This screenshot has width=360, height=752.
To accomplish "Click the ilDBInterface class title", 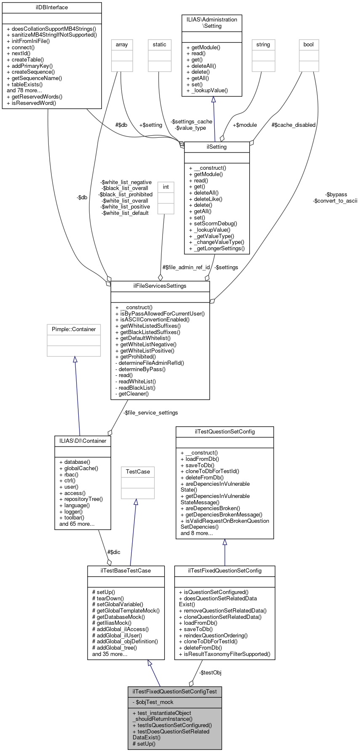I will (52, 8).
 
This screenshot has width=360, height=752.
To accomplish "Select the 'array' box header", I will (122, 45).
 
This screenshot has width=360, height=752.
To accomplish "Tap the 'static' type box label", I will (160, 45).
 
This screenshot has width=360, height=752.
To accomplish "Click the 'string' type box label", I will (263, 45).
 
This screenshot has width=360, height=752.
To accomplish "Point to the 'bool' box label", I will (309, 45).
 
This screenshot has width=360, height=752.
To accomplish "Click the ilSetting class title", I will (217, 147).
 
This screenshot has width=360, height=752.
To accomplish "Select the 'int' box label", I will (166, 187).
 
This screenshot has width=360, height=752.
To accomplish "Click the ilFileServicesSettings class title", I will (160, 286).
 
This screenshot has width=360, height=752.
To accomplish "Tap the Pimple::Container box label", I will (74, 329).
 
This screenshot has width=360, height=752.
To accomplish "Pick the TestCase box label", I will (138, 472).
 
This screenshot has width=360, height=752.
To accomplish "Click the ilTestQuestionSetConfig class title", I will (224, 432).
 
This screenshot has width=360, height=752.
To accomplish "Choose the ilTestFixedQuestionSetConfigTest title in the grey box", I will (175, 692).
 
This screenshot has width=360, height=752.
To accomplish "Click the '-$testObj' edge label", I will (210, 673).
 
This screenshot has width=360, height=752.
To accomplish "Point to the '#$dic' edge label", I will (114, 552).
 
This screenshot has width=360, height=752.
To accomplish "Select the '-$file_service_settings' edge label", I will (151, 413).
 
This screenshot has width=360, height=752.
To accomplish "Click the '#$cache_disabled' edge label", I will (293, 125).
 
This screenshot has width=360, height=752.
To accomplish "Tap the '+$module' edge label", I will (245, 125).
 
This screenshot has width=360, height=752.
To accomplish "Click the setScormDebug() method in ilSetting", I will (215, 224).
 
